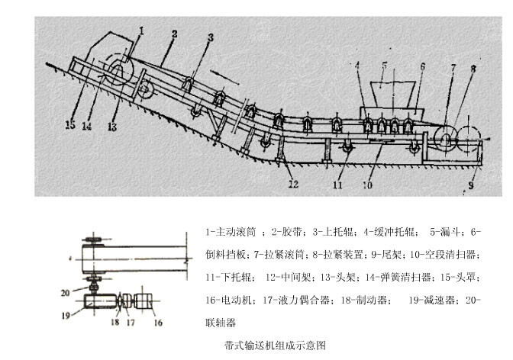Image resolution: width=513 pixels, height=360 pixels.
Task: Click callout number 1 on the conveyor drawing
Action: pyautogui.click(x=141, y=30)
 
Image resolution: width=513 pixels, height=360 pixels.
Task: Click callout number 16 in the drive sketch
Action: pyautogui.click(x=158, y=323)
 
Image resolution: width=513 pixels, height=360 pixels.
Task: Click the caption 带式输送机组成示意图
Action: pyautogui.click(x=271, y=346)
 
